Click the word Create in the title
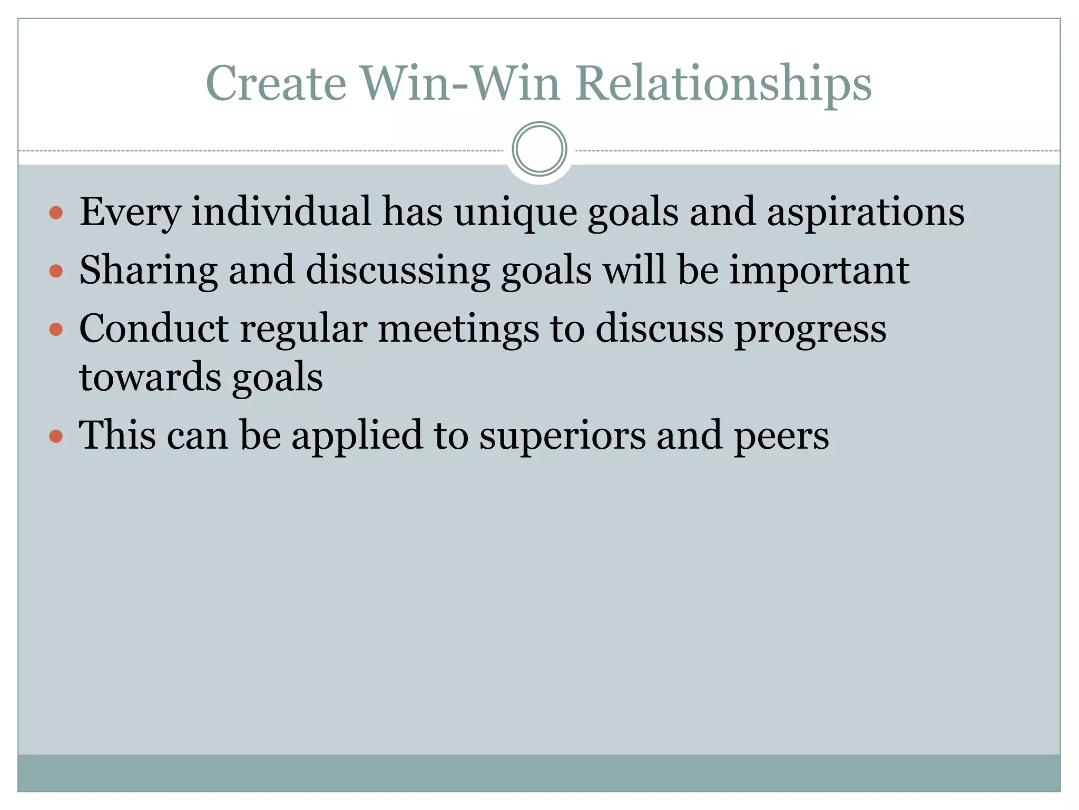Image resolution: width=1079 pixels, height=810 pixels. [x=276, y=83]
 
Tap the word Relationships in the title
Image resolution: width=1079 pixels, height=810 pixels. [x=723, y=84]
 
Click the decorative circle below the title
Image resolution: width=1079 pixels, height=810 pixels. [x=539, y=149]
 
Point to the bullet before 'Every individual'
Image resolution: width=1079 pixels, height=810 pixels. [x=56, y=213]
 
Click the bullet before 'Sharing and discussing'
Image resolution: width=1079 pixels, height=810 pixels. [x=56, y=271]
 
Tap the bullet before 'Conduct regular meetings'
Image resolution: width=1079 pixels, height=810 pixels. [x=56, y=330]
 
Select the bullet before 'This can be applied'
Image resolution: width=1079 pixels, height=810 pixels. [x=56, y=437]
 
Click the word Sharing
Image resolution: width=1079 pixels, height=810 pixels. [x=148, y=271]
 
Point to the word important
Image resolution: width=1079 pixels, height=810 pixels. [x=819, y=271]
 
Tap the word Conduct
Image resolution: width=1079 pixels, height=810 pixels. [x=154, y=329]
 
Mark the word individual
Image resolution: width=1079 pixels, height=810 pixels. [x=281, y=212]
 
